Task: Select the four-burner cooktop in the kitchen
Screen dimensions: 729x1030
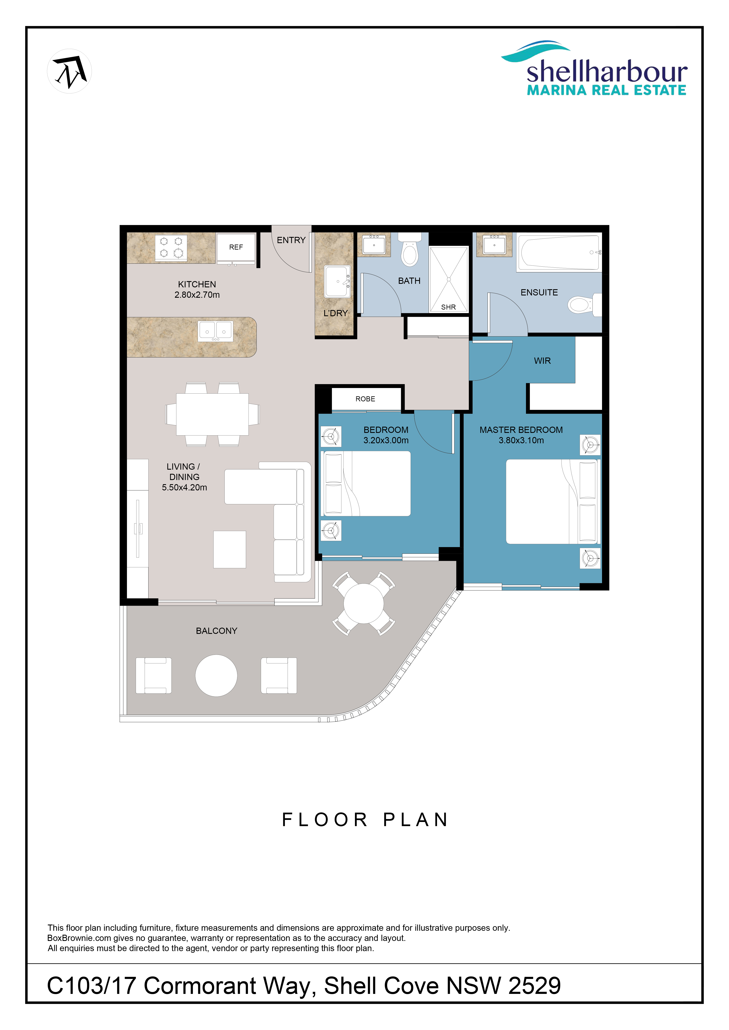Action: coord(171,247)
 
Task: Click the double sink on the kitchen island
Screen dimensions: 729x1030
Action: coord(215,331)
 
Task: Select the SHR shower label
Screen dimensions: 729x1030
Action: coord(448,307)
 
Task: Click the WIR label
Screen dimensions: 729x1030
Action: coord(542,361)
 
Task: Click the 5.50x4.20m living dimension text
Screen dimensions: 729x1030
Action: coord(185,487)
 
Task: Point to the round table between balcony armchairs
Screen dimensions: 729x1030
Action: coord(216,676)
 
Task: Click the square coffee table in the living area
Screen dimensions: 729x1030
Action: coord(229,550)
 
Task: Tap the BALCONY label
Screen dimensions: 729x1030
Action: coord(216,631)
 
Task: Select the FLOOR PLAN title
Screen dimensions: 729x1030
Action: coord(365,820)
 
